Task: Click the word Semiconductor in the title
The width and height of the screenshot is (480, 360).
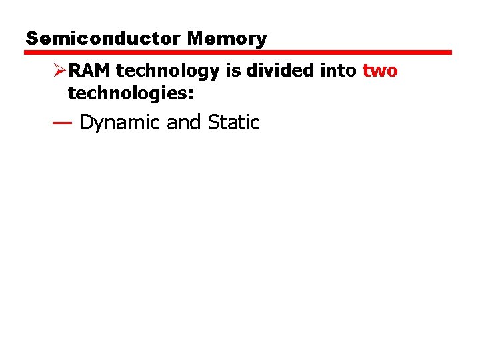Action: tap(103, 39)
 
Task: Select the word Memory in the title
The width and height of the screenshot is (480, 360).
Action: tap(227, 39)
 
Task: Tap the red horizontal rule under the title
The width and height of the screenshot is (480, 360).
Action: tap(239, 52)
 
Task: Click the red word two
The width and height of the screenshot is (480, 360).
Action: tap(380, 71)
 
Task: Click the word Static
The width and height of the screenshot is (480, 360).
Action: tap(233, 123)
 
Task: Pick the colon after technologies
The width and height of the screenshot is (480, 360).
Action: tap(191, 95)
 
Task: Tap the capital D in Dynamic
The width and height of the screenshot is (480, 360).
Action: tap(85, 123)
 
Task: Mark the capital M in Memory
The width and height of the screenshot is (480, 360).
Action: tap(196, 39)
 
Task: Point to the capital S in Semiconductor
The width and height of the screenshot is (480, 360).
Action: tap(31, 39)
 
